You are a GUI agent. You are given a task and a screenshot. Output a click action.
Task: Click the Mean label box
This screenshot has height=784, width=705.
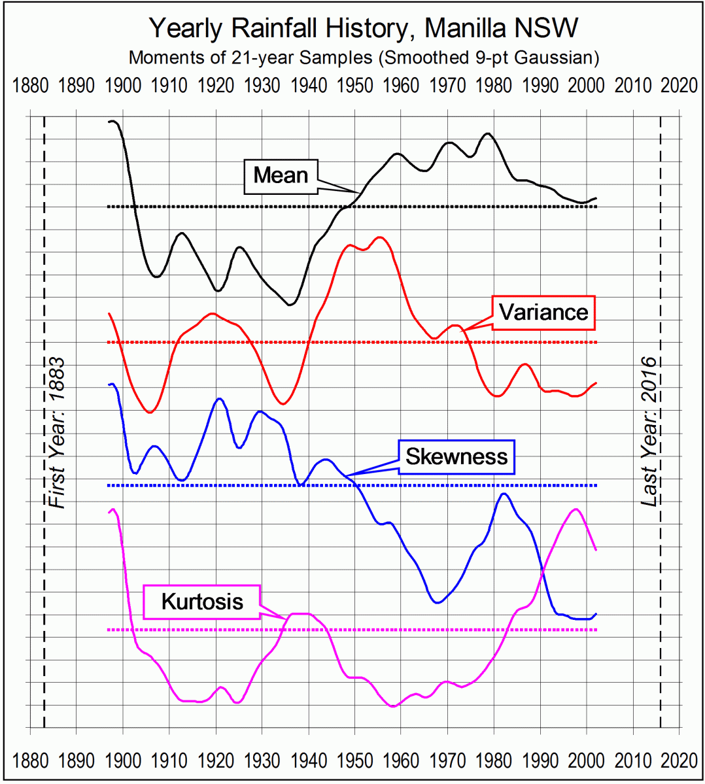click(281, 175)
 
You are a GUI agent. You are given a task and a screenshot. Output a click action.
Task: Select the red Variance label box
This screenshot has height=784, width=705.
click(543, 313)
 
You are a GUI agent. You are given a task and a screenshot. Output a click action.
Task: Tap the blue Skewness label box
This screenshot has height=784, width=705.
click(456, 456)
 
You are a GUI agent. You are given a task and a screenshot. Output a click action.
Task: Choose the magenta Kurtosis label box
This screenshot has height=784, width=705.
click(202, 602)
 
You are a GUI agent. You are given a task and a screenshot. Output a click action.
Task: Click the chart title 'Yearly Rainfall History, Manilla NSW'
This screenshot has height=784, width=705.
click(364, 28)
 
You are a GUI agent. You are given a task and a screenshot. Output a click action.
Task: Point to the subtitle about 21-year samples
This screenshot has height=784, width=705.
click(364, 58)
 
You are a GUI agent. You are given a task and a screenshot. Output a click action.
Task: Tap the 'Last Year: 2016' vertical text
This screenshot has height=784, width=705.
click(648, 432)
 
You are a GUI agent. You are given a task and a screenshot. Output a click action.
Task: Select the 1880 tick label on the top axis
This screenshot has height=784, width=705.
click(30, 86)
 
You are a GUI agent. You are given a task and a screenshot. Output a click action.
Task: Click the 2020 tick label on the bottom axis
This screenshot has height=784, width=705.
click(679, 761)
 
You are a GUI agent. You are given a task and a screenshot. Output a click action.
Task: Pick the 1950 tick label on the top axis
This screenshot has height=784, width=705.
click(354, 86)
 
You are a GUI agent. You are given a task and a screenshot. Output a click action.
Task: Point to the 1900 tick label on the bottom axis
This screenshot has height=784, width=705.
click(123, 761)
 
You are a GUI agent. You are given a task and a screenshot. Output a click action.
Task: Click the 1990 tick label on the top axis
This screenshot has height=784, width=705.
click(540, 86)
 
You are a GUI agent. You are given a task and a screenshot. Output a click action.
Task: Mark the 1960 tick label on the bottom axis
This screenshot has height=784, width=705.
click(401, 761)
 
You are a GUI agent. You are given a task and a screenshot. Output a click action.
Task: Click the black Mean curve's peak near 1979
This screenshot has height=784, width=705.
click(487, 133)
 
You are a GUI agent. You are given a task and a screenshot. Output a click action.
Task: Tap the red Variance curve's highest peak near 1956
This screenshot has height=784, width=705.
click(380, 237)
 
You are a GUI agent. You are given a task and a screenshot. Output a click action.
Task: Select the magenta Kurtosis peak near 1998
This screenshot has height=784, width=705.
click(576, 509)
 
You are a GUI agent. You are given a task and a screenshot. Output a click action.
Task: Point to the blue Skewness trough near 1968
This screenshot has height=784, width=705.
click(437, 602)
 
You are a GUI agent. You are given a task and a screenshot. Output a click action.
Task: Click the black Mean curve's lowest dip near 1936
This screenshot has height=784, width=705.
click(290, 305)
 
